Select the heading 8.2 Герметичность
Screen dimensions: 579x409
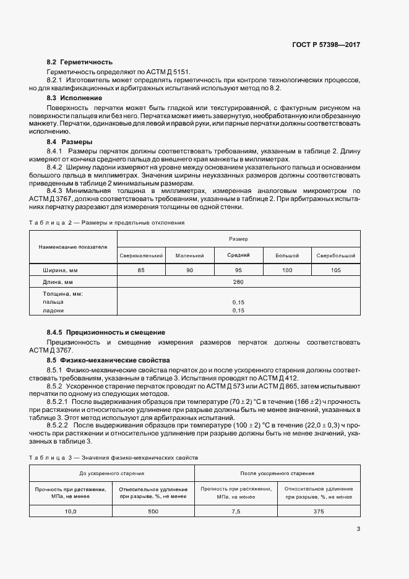point(80,62)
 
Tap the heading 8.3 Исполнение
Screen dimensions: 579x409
point(75,98)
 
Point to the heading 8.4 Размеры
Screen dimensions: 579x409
point(71,142)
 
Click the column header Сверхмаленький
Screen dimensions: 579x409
point(141,255)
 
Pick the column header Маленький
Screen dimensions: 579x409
point(189,255)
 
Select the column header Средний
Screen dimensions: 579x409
point(238,255)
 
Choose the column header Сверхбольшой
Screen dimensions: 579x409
point(336,255)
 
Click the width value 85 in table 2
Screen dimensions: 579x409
point(141,270)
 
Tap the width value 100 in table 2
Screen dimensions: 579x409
point(287,270)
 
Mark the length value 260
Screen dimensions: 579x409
point(238,282)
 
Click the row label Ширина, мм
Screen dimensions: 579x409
point(60,270)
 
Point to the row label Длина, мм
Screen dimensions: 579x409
point(59,282)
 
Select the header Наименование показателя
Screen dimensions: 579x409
point(73,246)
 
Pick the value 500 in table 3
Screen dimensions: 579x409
point(153,512)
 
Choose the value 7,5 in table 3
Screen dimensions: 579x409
point(236,512)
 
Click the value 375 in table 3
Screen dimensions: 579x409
point(319,512)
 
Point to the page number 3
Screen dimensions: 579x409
point(358,528)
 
